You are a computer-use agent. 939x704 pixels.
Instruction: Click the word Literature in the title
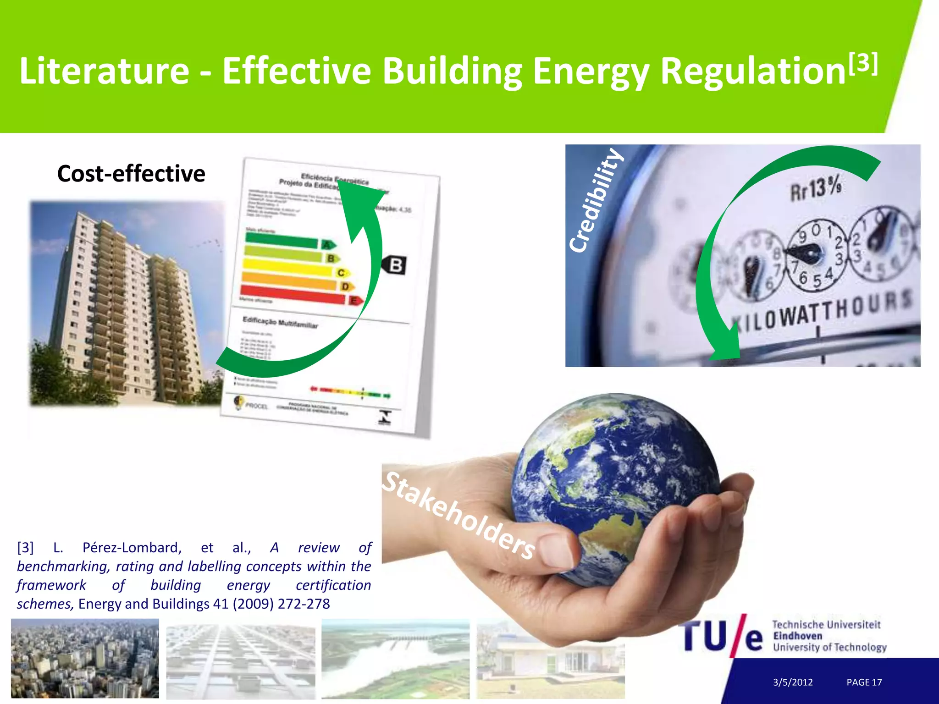104,71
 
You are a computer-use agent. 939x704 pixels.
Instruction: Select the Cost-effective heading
131,174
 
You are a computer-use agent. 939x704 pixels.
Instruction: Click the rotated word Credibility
596,200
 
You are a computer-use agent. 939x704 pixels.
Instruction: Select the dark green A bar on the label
282,240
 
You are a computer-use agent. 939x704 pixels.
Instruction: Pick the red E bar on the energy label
293,294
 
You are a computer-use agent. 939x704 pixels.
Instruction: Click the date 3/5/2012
793,682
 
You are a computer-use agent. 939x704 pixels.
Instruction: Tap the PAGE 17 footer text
864,682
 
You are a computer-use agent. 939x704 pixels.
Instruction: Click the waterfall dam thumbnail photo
396,659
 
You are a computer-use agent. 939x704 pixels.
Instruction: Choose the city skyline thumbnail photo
85,659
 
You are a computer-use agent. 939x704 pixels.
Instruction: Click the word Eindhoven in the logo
797,636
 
